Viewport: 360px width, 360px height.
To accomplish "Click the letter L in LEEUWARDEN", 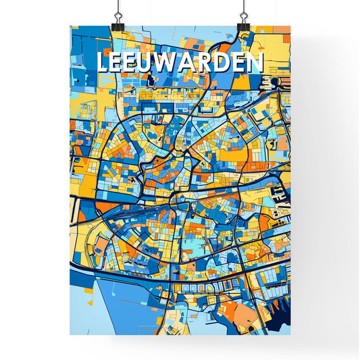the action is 103,63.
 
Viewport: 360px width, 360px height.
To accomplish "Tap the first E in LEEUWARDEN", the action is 119,63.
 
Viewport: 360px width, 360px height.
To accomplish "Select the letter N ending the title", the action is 256,63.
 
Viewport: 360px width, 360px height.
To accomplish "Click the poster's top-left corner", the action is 70,26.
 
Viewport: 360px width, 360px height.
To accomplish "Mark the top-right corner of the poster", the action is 290,26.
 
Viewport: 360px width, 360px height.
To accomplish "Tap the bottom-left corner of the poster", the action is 70,335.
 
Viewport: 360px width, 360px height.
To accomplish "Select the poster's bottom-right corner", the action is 290,335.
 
